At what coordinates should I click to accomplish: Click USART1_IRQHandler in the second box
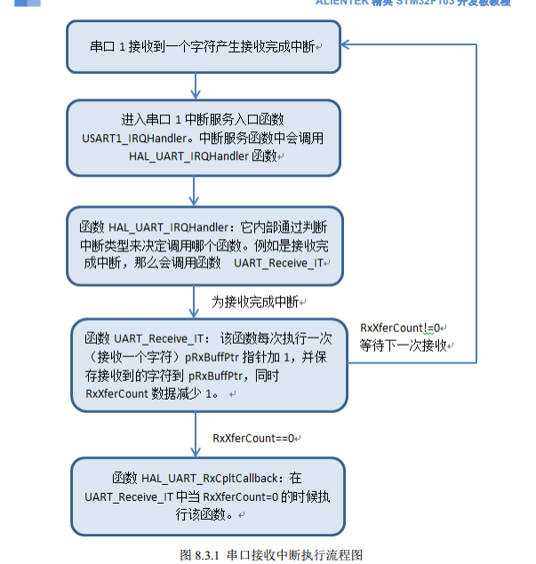point(121,139)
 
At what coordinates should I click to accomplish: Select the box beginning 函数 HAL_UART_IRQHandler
point(204,247)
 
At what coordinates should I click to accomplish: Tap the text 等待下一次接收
point(402,345)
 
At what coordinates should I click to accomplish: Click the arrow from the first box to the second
point(195,86)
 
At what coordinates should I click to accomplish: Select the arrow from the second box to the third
point(195,191)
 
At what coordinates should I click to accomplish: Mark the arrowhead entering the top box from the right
point(348,44)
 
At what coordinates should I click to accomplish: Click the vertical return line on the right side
point(477,204)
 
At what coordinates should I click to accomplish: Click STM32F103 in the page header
point(432,3)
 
